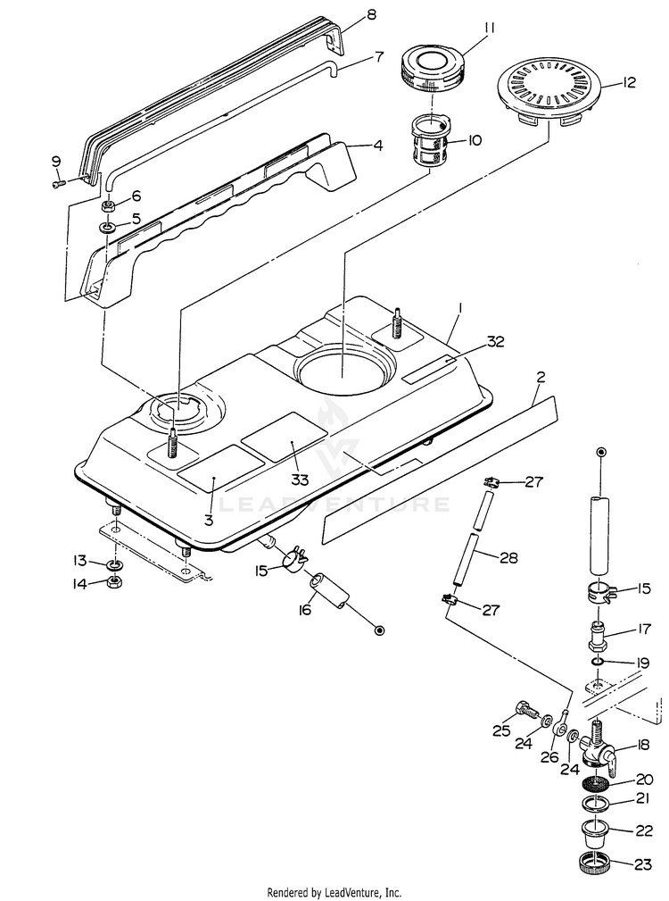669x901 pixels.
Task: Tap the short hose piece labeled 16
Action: [x=329, y=591]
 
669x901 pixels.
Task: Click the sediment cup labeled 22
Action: [x=594, y=832]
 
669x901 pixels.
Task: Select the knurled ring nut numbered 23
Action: [x=595, y=864]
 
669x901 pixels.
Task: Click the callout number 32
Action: [x=497, y=342]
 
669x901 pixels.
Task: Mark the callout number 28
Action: [x=508, y=558]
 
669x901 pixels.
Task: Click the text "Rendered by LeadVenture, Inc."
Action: [x=334, y=892]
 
